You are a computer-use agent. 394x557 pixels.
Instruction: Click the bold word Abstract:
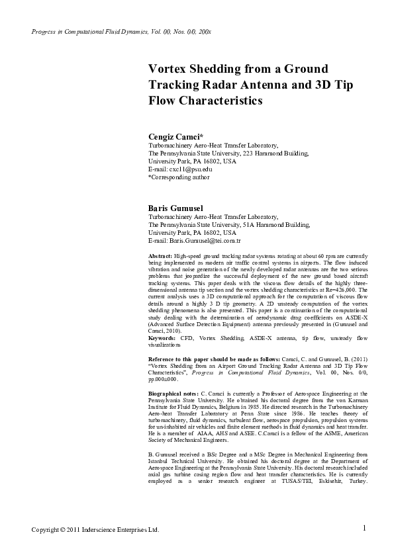click(161, 255)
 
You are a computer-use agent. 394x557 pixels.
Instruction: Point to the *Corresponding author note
click(179, 177)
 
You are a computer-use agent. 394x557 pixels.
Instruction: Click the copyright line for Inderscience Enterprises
click(96, 530)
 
